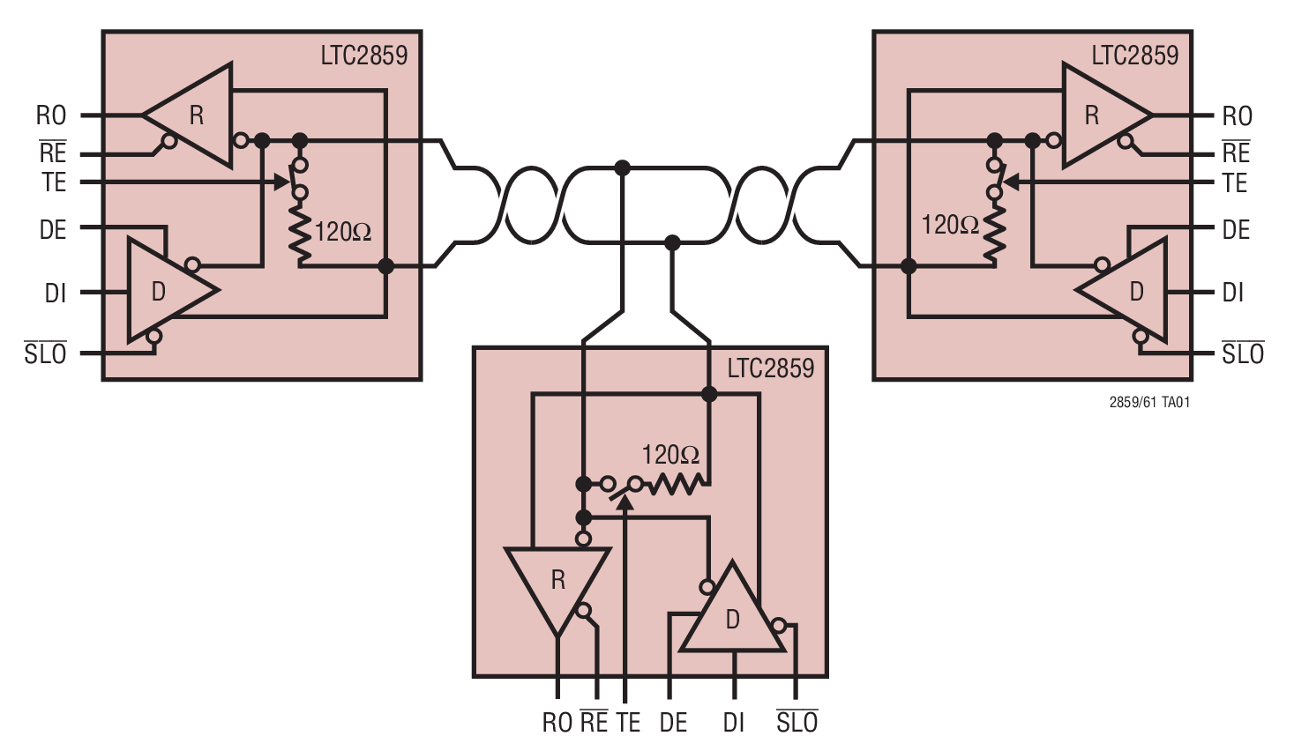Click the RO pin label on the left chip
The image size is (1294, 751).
pyautogui.click(x=51, y=115)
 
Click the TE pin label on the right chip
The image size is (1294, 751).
pyautogui.click(x=1235, y=183)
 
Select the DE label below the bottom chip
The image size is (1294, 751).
pyautogui.click(x=673, y=723)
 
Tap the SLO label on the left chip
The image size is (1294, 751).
pyautogui.click(x=46, y=354)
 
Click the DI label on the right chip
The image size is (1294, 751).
pyautogui.click(x=1233, y=293)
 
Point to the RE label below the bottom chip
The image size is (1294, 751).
pyautogui.click(x=594, y=722)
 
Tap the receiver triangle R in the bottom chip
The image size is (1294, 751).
pyautogui.click(x=557, y=581)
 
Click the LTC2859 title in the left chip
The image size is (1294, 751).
pyautogui.click(x=363, y=56)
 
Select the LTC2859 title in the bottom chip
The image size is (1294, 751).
pyautogui.click(x=770, y=368)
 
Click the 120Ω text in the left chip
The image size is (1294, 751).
pyautogui.click(x=343, y=233)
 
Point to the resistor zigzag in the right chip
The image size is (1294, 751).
pyautogui.click(x=994, y=234)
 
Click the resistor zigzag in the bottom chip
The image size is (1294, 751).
pyautogui.click(x=676, y=484)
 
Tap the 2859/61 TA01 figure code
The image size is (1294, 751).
pyautogui.click(x=1149, y=403)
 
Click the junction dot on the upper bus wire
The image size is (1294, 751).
pyautogui.click(x=623, y=167)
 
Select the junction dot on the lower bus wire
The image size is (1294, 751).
pyautogui.click(x=672, y=242)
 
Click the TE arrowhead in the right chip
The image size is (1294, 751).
pyautogui.click(x=1010, y=182)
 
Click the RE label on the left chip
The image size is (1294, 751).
pyautogui.click(x=53, y=152)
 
